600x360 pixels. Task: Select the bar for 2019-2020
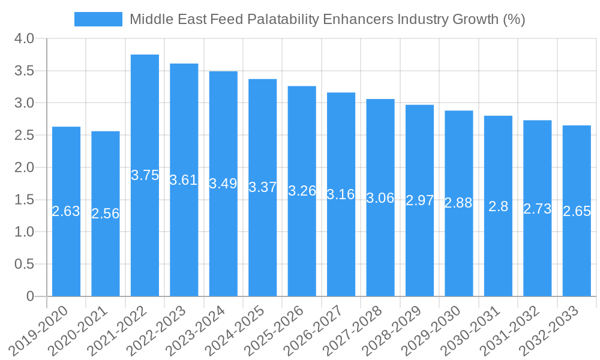click(x=66, y=252)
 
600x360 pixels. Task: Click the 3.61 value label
click(x=184, y=180)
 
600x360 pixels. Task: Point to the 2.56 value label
click(x=106, y=214)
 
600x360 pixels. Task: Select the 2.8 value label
click(x=498, y=207)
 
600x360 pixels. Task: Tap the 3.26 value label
click(x=302, y=191)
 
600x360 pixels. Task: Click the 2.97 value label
click(x=419, y=200)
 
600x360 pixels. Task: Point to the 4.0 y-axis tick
click(x=24, y=39)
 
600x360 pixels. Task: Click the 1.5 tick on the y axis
click(x=24, y=200)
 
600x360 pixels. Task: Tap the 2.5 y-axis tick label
click(x=24, y=136)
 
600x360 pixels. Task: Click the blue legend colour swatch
click(x=98, y=19)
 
